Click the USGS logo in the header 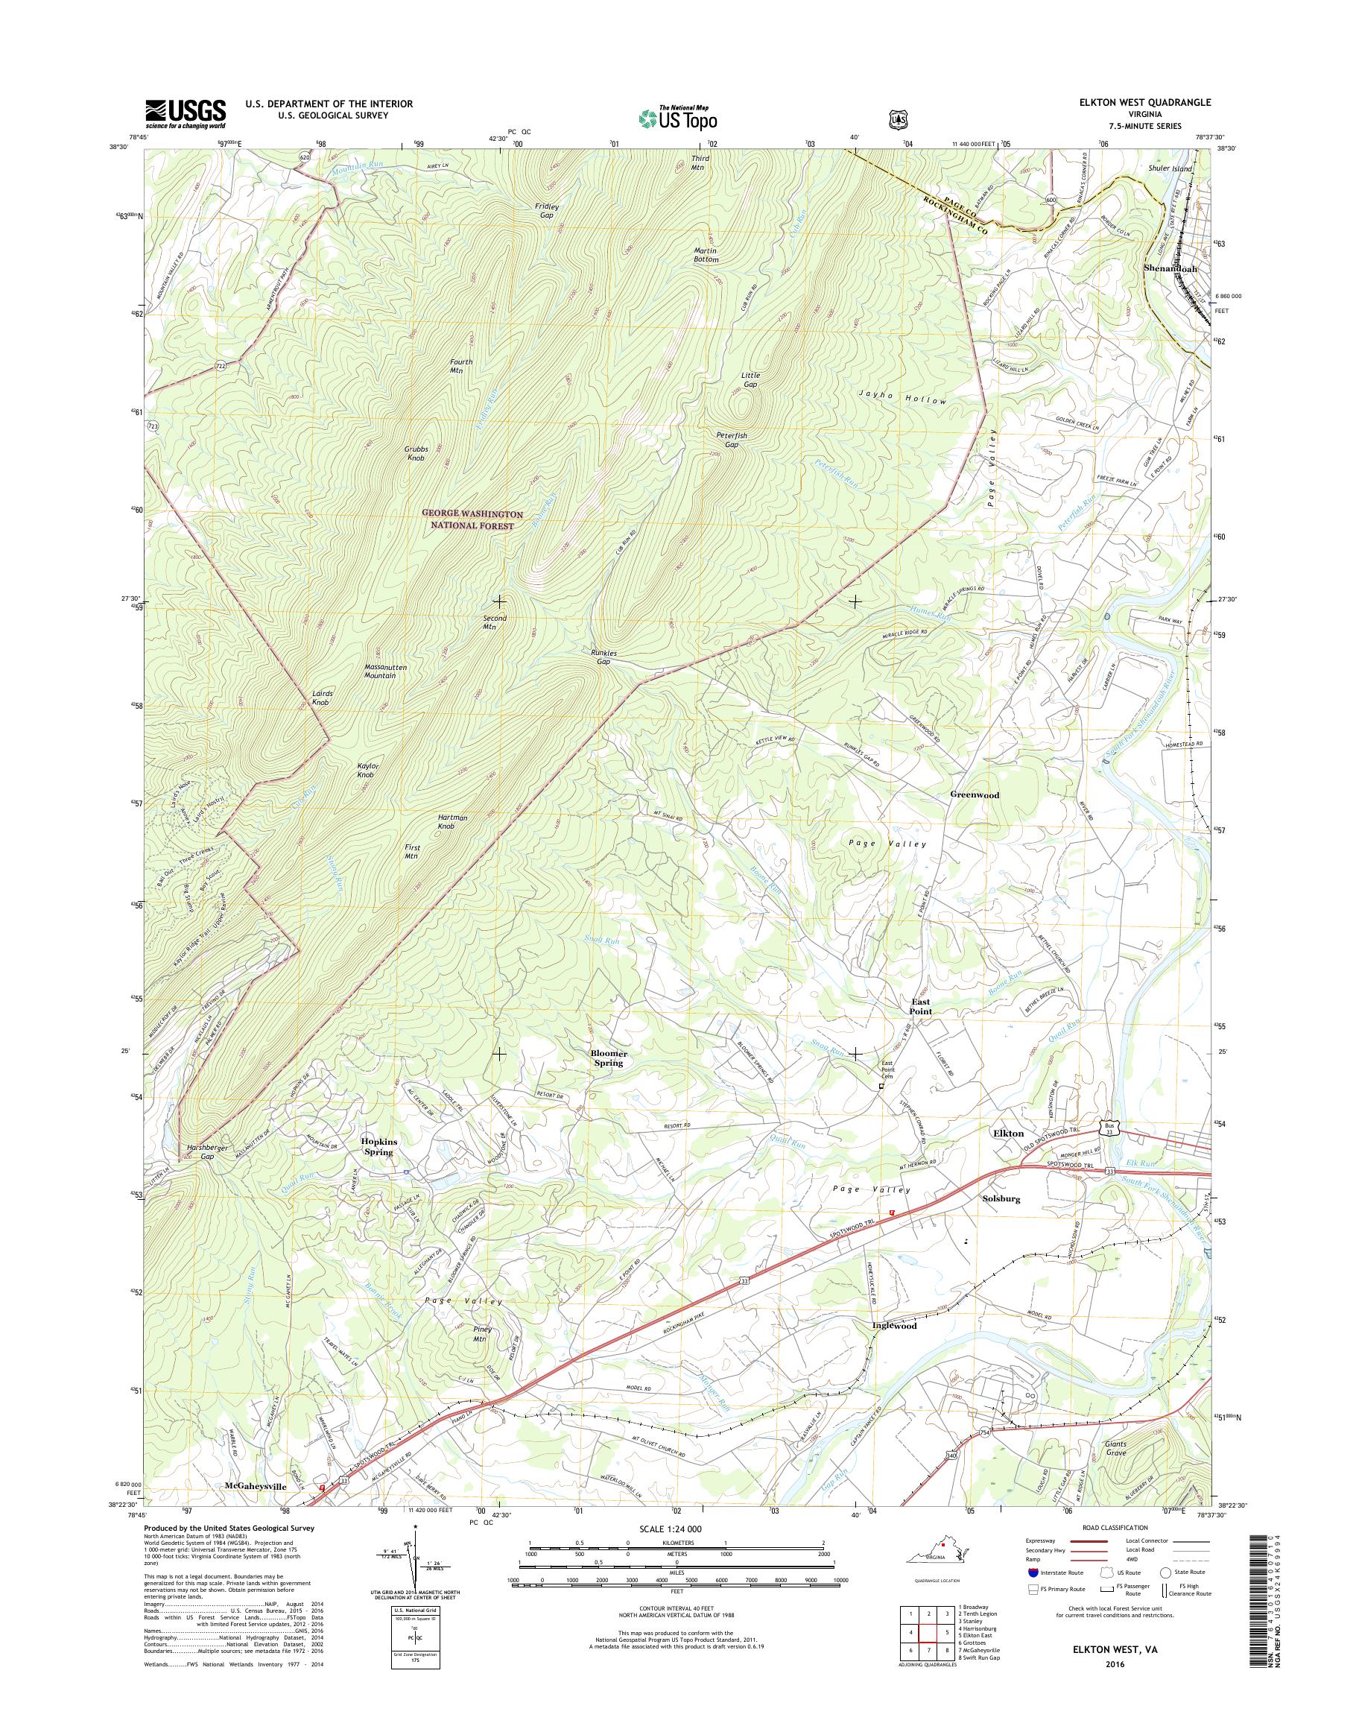[185, 113]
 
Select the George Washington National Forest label [472, 519]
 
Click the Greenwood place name [974, 794]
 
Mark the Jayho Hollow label [904, 401]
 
